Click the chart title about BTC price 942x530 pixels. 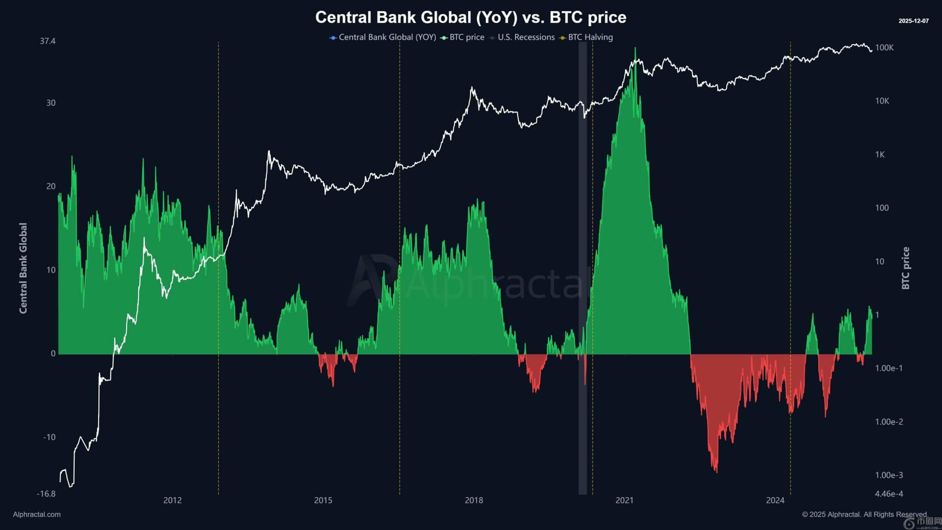point(471,17)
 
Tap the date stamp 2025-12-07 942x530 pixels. point(913,21)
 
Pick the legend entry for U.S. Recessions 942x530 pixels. point(526,37)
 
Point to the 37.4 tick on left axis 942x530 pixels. point(48,41)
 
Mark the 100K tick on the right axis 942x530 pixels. point(884,47)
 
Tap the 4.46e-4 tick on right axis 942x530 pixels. point(889,494)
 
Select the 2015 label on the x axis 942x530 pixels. point(323,500)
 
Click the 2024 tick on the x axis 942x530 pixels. point(775,500)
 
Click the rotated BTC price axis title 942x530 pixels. point(906,268)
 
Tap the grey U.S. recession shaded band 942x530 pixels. point(582,258)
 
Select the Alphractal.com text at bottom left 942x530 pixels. point(37,515)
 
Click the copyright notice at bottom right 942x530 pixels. point(865,515)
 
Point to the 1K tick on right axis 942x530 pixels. point(880,154)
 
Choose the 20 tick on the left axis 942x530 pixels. point(51,186)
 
